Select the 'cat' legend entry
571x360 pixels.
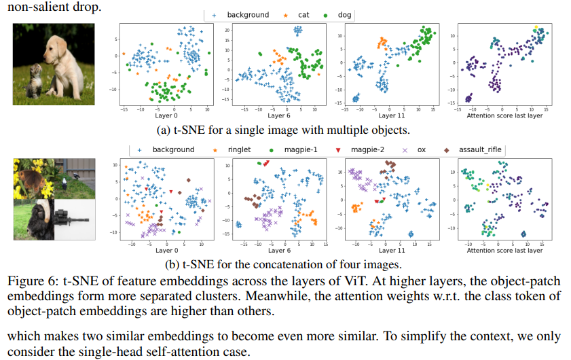297,15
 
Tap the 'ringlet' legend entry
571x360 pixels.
232,149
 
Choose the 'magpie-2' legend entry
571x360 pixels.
360,149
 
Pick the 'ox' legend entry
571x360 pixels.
414,149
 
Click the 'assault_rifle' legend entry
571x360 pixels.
473,149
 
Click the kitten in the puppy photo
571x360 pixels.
35,81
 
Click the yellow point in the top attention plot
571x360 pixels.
536,27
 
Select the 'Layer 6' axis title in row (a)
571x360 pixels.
279,115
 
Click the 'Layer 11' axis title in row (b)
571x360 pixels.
392,251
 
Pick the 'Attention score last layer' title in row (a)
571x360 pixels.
504,115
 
